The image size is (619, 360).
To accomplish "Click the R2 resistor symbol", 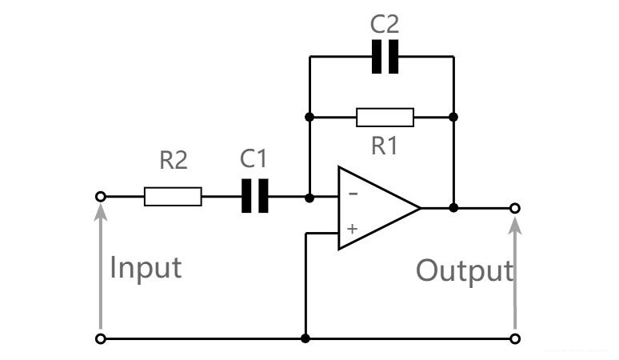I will [x=173, y=196].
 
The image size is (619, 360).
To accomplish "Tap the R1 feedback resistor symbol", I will [x=385, y=118].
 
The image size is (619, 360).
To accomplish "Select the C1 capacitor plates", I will [x=255, y=196].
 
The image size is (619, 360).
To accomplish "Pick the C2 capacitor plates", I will [x=385, y=58].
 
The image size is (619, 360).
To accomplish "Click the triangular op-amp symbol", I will [x=376, y=208].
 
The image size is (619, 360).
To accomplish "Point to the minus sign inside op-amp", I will [x=353, y=194].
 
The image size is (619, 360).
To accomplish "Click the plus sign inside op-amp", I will [x=352, y=229].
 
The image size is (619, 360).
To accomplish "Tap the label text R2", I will [x=173, y=161].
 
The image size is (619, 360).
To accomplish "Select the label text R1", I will [x=385, y=146].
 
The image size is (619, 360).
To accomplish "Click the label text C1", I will [x=254, y=159].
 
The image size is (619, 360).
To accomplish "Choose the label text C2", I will [x=385, y=25].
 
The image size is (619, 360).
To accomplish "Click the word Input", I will [x=146, y=267].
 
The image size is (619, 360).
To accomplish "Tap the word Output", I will [x=463, y=271].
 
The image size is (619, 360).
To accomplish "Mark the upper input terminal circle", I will [x=100, y=196].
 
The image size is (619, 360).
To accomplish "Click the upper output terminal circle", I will [x=515, y=208].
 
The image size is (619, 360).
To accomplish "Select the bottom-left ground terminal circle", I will [x=100, y=339].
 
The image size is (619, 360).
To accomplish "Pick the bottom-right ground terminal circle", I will [x=515, y=339].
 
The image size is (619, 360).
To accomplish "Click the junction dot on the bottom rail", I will [x=306, y=339].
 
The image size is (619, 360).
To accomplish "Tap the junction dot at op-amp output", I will [x=453, y=208].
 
